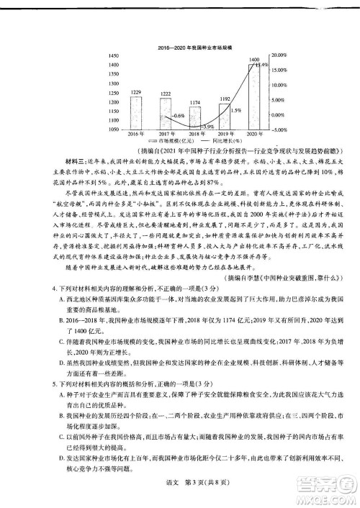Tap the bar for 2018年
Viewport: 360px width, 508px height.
[x=195, y=117]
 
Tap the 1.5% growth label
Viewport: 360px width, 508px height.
[x=235, y=110]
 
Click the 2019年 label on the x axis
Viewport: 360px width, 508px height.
[x=225, y=135]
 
